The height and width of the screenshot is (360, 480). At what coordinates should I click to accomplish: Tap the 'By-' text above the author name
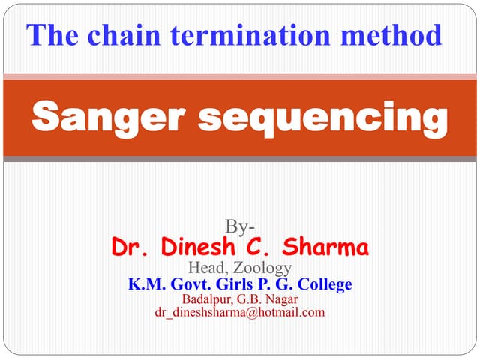tap(240, 227)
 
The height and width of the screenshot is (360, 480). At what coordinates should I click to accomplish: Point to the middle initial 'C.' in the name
tap(256, 247)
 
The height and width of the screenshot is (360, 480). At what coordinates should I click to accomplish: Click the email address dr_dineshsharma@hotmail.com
tap(240, 312)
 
